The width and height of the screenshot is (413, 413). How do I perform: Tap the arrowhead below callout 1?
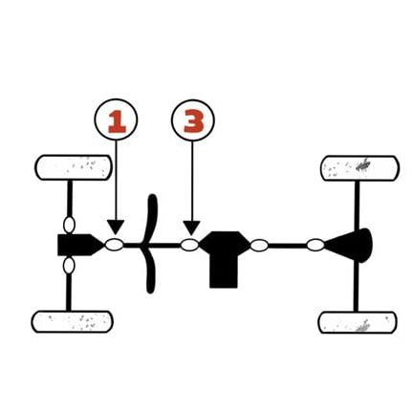tap(116, 227)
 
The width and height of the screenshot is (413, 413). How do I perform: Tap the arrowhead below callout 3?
tap(192, 228)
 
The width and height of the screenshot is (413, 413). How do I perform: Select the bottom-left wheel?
tap(72, 322)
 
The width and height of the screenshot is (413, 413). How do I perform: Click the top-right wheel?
tap(359, 168)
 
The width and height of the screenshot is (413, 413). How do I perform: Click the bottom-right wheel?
tap(358, 322)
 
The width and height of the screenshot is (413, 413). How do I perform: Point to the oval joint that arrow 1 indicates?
tap(115, 245)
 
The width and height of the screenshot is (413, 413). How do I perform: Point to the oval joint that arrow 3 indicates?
tap(190, 245)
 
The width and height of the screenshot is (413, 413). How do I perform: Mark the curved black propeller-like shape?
tap(151, 244)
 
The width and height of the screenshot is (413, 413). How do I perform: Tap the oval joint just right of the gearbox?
tap(259, 246)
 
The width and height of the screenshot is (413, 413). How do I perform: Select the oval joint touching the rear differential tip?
tap(315, 246)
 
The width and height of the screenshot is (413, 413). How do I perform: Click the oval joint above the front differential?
tap(69, 225)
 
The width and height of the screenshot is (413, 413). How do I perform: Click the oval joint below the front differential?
tap(69, 266)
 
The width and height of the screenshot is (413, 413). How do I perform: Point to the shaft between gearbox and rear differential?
tap(288, 246)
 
